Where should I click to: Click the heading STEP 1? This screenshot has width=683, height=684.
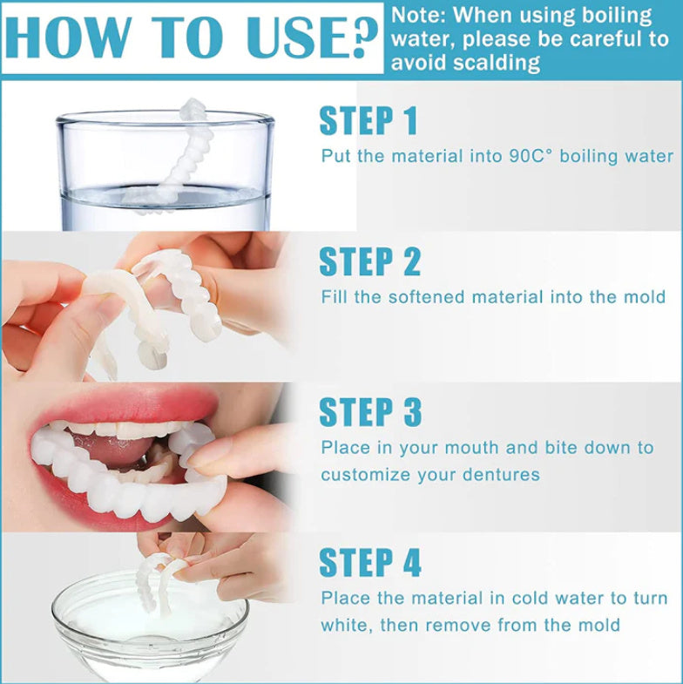(369, 121)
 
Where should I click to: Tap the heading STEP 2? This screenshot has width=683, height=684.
(369, 261)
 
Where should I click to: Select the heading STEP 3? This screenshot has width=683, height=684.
(369, 412)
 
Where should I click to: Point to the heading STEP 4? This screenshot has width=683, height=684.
(369, 563)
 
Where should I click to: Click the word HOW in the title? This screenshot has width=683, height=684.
(65, 39)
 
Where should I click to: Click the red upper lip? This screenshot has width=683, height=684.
(131, 405)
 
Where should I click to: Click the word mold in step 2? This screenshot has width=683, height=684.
(646, 297)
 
